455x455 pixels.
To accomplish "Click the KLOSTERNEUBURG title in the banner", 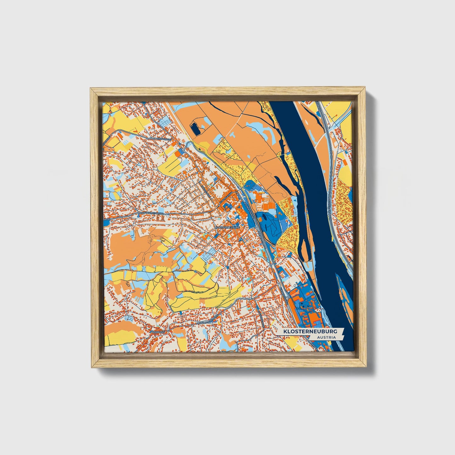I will pos(310,332).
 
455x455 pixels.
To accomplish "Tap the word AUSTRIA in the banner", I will pos(326,338).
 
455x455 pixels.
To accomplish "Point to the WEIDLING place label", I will pos(158,332).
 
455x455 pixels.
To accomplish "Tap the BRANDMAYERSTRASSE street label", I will pos(207,321).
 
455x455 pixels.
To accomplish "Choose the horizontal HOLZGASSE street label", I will pos(164,139).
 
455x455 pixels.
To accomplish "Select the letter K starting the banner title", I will pos(285,332).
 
